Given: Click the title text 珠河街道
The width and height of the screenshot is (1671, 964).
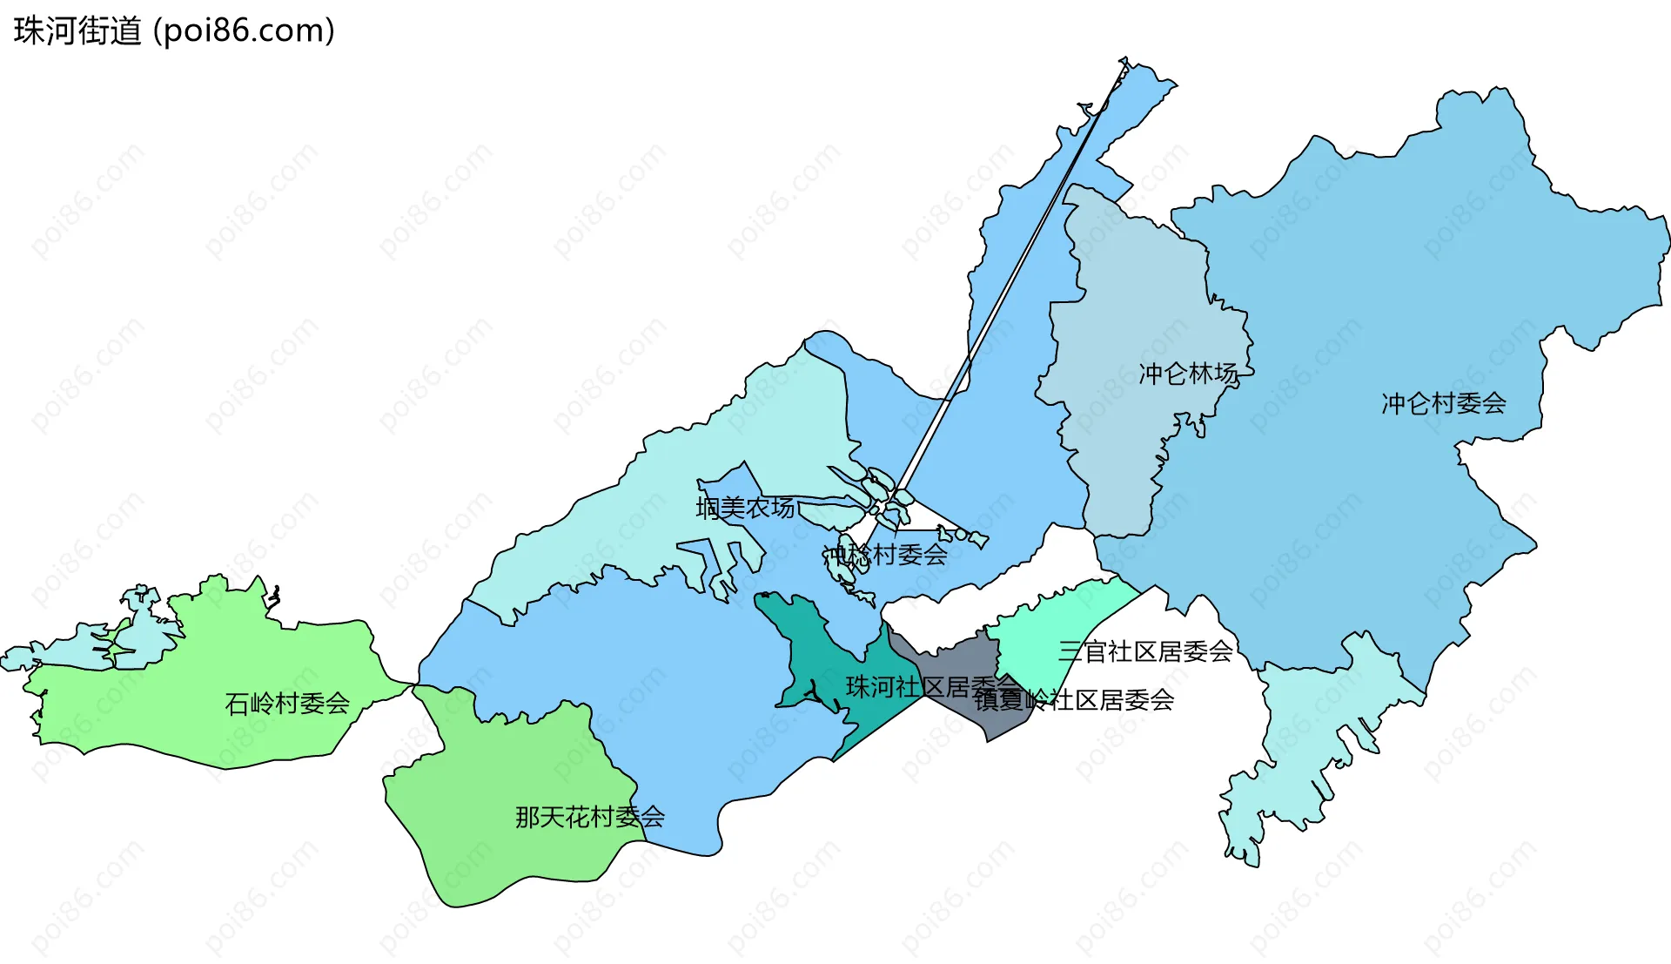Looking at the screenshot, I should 77,31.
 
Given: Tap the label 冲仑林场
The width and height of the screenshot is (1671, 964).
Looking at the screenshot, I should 1188,374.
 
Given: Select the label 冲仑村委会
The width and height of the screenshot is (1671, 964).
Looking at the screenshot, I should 1443,403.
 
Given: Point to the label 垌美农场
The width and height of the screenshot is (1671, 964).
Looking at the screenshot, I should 745,508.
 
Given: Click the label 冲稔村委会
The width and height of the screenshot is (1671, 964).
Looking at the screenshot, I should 885,555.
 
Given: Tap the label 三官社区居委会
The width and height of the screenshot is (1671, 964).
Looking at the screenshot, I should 1145,651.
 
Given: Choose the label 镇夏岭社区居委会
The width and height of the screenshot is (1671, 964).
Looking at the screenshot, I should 1074,700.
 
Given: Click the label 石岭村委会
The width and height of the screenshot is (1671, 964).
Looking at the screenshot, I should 287,704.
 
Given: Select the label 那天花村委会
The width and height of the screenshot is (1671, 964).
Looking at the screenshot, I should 589,817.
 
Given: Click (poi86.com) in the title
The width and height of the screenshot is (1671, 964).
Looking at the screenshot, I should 244,31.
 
